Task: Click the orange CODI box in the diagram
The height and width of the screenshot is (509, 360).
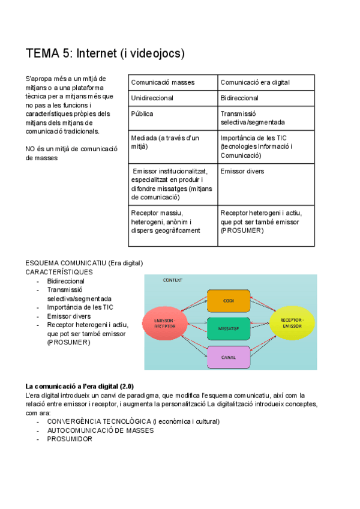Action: [x=228, y=301]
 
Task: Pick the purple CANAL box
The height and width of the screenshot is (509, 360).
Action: [x=228, y=357]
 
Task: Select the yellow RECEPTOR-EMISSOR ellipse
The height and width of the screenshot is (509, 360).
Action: [x=292, y=323]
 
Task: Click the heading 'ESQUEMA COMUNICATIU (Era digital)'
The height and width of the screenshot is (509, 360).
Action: [x=84, y=264]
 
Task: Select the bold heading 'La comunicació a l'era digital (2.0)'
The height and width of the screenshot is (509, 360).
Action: [x=89, y=385]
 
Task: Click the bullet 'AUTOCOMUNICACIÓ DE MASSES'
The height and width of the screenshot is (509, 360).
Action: [x=100, y=430]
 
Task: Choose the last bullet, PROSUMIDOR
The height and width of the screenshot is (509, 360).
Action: [x=70, y=439]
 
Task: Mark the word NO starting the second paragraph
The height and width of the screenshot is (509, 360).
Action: [x=31, y=149]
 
